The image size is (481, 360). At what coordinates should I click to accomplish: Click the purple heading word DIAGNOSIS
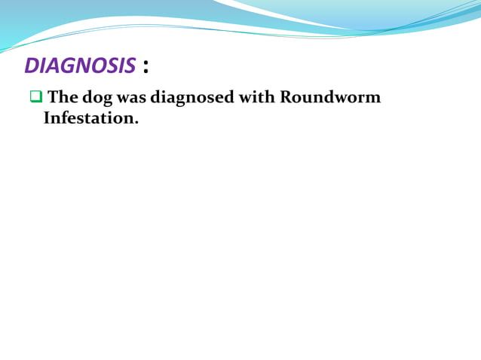click(80, 66)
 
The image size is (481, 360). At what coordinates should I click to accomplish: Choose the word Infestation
click(89, 118)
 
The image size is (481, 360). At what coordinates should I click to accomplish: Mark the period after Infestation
click(136, 123)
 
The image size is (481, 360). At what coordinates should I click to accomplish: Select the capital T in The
click(53, 98)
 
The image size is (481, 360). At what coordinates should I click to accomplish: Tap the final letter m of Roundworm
click(372, 99)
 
